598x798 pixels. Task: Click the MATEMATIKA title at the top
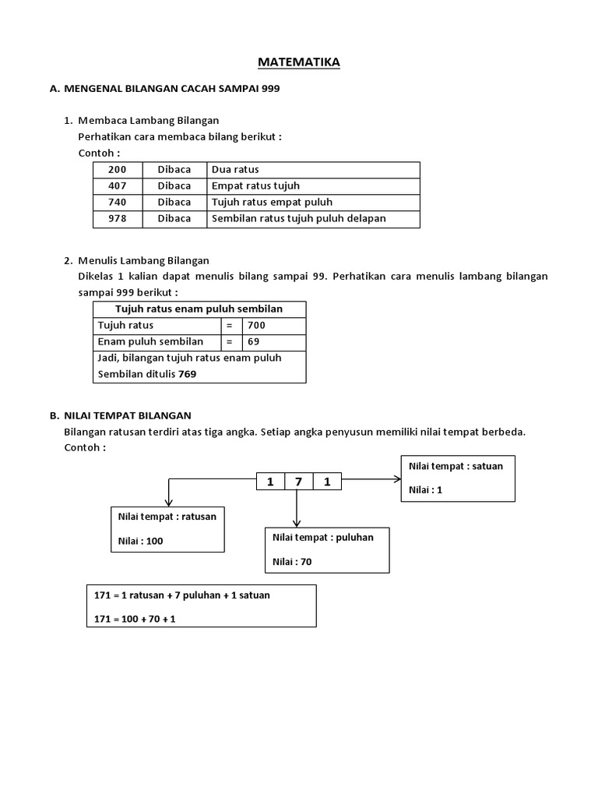click(299, 62)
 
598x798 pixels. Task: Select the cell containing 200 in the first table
click(117, 169)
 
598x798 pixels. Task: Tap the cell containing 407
click(117, 185)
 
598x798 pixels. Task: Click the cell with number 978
click(117, 218)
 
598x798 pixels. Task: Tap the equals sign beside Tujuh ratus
click(230, 325)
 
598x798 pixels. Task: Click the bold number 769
click(187, 374)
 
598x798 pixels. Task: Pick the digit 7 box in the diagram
click(298, 482)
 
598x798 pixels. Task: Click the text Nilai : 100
click(140, 541)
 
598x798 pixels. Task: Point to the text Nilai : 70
click(293, 561)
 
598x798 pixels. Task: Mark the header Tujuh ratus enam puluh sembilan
click(199, 309)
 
